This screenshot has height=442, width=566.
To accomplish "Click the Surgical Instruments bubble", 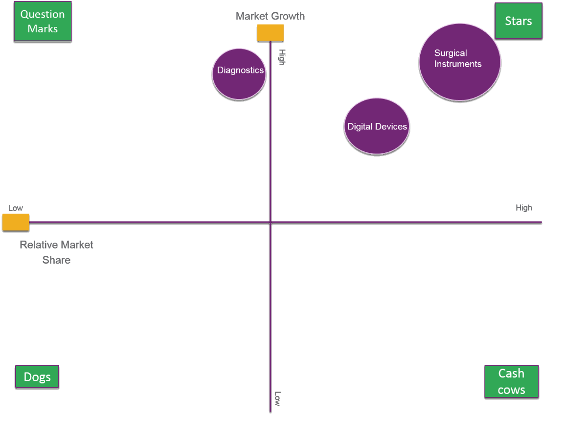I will [x=459, y=62].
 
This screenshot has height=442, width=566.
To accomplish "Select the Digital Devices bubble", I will [x=377, y=126].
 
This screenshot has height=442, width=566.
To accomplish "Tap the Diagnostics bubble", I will [x=239, y=74].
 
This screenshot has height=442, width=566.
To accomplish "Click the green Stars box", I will [x=519, y=21].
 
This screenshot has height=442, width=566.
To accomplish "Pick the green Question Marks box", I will [x=43, y=21].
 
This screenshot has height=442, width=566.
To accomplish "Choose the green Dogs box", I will [x=37, y=377].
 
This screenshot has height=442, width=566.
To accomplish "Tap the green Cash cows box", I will [x=511, y=381].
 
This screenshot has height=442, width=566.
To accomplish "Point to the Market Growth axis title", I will [x=270, y=16].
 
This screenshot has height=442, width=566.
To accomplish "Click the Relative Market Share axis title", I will [x=56, y=252].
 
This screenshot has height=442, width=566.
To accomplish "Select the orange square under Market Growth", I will [x=271, y=32].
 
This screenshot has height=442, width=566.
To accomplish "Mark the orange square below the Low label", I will [x=16, y=222].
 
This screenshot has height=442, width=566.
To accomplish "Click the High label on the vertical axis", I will [x=282, y=57].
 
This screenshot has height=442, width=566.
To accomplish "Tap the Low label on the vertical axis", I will [x=277, y=398].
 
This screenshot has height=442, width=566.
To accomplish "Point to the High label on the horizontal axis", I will [x=523, y=208].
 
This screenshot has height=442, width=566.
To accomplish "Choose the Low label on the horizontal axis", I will [x=16, y=208].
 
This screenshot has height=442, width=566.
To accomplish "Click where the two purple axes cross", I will [x=271, y=222].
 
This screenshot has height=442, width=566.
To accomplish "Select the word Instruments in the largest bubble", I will [x=458, y=64].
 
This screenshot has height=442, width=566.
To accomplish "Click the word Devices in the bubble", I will [x=391, y=126].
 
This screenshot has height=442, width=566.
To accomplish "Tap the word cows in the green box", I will [x=511, y=390].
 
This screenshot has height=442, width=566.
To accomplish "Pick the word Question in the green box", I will [x=43, y=14].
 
